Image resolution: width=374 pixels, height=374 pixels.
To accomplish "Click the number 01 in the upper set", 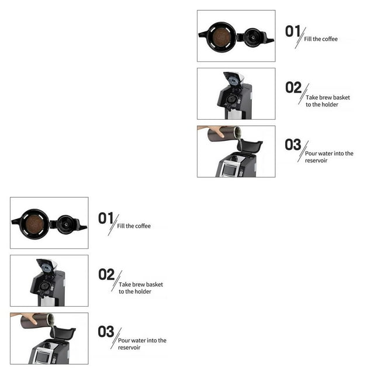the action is [293, 31].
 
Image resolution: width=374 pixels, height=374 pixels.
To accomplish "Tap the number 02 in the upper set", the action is [293, 88].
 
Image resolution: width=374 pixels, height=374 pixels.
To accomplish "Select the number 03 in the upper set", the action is [293, 144].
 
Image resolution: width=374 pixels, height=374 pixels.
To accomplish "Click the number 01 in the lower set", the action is [106, 218].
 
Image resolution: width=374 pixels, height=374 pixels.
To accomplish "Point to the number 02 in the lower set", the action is [106, 275].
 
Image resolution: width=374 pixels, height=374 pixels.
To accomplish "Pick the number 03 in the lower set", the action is [106, 331].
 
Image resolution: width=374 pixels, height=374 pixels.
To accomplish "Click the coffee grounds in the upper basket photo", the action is [221, 37].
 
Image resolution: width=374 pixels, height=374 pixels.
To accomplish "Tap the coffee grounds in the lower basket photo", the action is [34, 224].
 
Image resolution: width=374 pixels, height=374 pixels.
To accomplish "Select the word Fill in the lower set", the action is [121, 226].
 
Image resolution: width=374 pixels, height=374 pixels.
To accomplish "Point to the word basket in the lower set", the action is [155, 285].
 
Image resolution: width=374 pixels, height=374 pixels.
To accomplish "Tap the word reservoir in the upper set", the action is [316, 161].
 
